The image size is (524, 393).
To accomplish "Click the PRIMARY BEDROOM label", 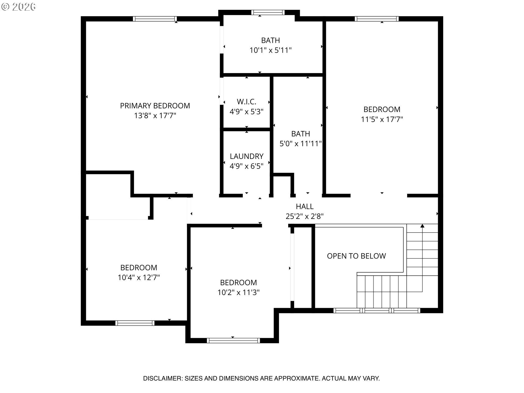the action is (x=155, y=106).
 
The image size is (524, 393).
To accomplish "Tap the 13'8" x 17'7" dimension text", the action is (x=155, y=116).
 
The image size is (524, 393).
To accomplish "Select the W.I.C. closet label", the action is (x=246, y=102).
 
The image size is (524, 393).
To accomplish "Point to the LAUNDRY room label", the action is (x=246, y=156).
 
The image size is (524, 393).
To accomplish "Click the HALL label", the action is (x=305, y=206).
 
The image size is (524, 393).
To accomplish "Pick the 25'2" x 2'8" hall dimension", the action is (x=305, y=216).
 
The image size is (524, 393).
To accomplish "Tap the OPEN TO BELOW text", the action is (x=356, y=256).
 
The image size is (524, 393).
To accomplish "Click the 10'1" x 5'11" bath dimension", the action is (x=270, y=50).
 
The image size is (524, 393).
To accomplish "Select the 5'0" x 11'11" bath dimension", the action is (x=300, y=144).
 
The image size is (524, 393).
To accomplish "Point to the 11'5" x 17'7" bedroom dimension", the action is (x=382, y=119).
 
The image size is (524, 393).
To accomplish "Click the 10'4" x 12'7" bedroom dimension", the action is (x=139, y=278).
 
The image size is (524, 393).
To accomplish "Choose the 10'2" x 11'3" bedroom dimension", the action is (x=238, y=293).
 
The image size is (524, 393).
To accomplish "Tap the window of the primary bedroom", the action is (x=155, y=19).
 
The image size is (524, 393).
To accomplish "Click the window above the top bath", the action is (x=268, y=12).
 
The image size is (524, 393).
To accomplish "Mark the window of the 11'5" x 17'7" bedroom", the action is (x=377, y=19).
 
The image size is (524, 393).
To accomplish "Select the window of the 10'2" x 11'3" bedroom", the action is (x=233, y=340).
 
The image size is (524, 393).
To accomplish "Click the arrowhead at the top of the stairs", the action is (x=422, y=226).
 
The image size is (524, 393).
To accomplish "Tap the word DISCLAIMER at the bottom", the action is (x=162, y=379).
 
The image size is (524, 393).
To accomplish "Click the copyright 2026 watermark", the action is (x=18, y=7).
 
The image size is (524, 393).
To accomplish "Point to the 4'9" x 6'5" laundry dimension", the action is (x=246, y=166).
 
